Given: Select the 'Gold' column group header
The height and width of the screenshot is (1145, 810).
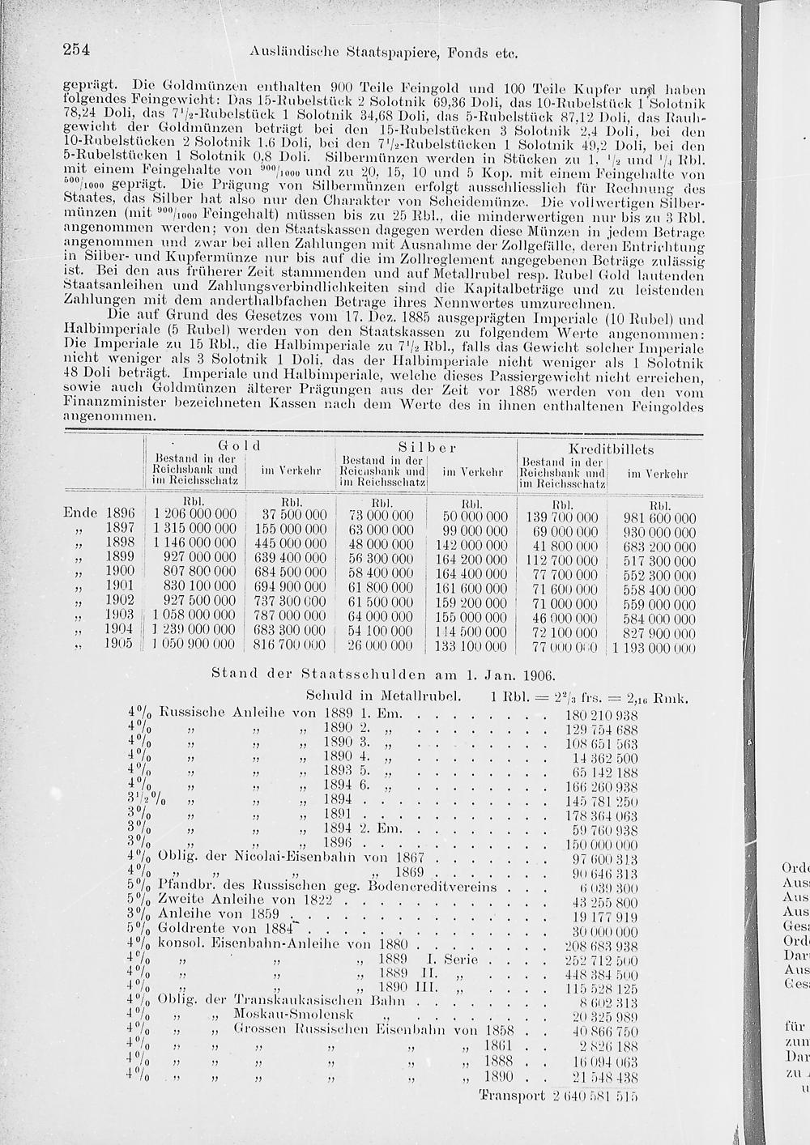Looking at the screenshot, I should coord(238,446).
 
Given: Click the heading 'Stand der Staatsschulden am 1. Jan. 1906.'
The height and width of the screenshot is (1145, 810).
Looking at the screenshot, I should coord(382,674).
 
